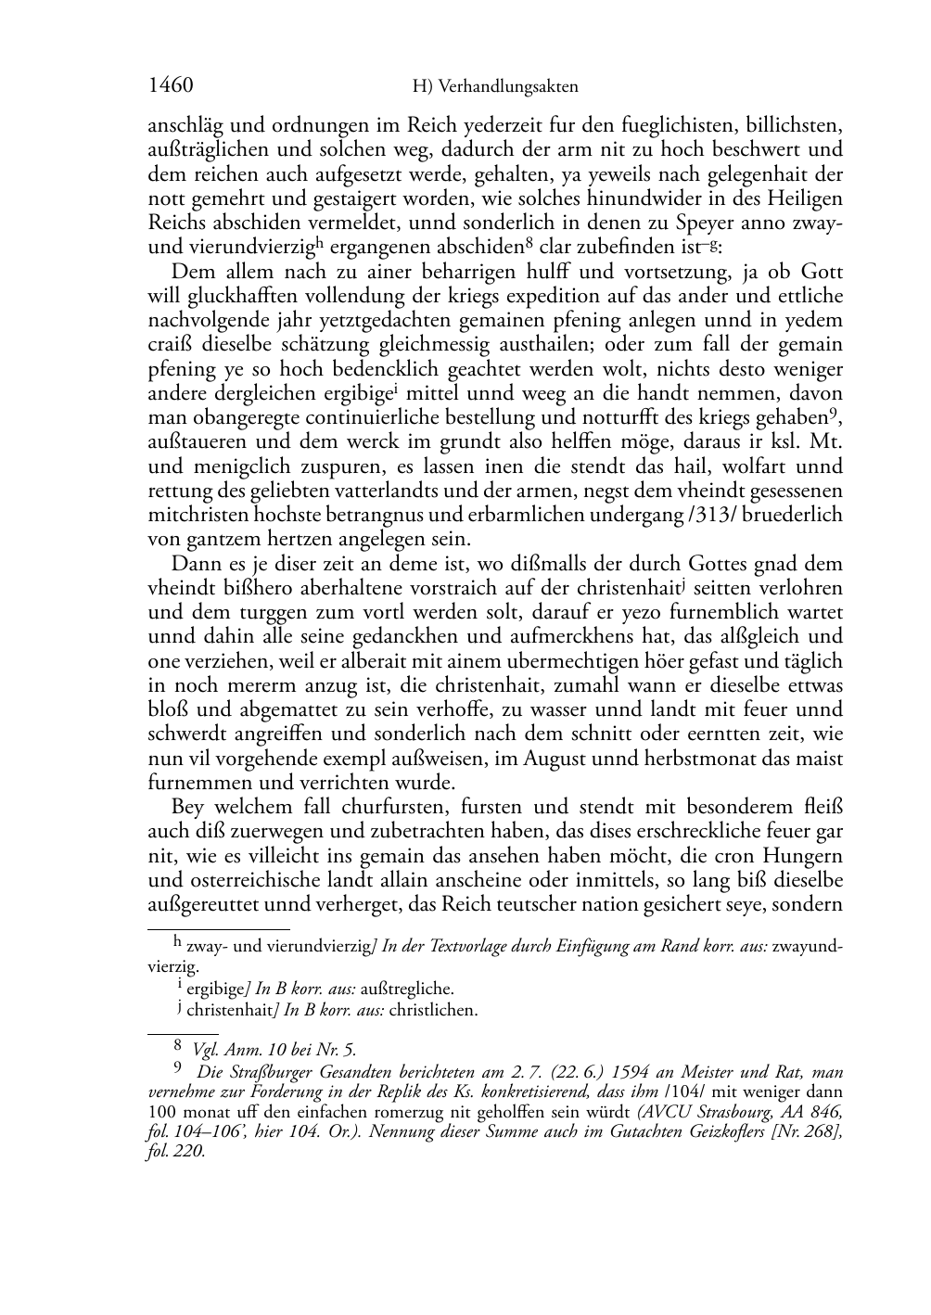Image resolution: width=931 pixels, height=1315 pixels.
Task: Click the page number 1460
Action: (x=170, y=86)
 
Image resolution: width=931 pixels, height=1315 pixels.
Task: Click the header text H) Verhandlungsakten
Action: (x=494, y=87)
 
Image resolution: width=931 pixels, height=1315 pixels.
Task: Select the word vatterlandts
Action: (x=394, y=491)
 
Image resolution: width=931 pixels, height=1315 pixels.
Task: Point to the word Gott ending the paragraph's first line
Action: (x=820, y=273)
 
